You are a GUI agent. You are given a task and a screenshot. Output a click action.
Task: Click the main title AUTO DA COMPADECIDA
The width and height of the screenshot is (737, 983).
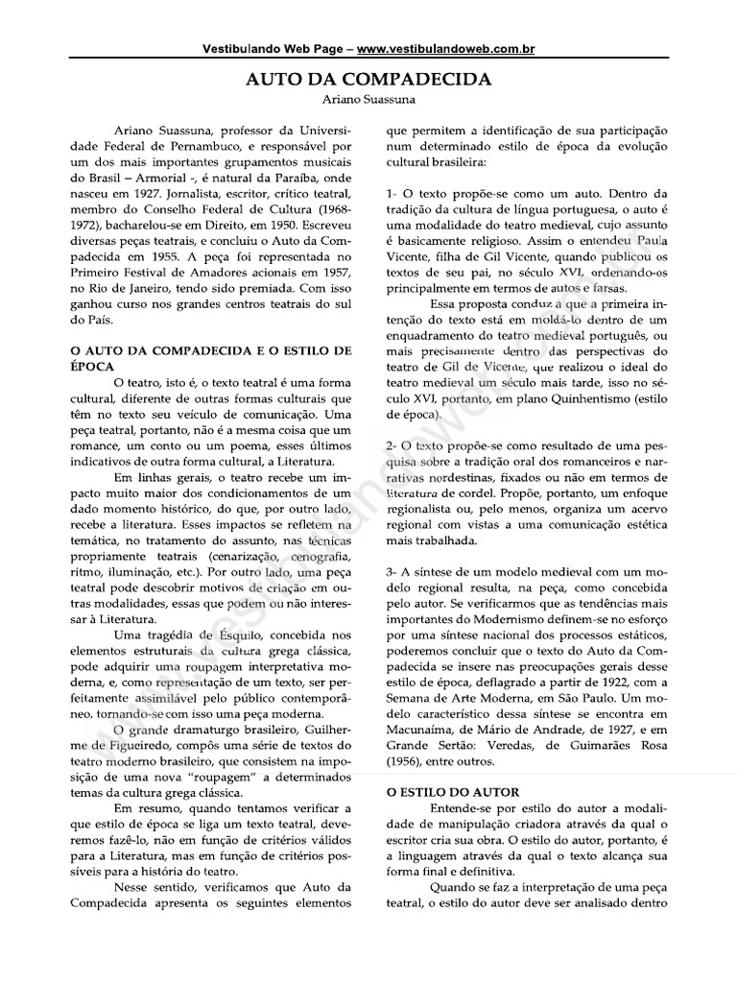(368, 80)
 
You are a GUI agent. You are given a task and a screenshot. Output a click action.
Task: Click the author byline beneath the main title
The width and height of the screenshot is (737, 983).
(368, 99)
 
